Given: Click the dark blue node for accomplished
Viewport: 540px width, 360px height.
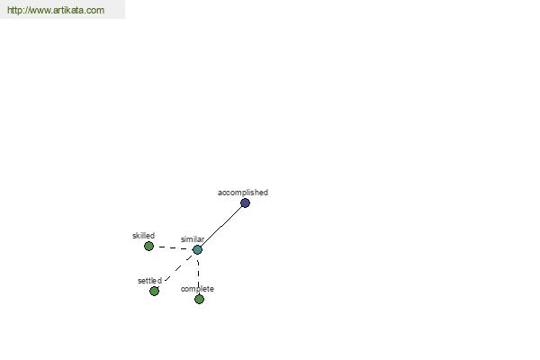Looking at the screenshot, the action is (245, 202).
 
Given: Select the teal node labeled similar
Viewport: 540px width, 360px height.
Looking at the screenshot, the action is (197, 250).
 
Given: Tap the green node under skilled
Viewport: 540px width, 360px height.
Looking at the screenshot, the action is (148, 246).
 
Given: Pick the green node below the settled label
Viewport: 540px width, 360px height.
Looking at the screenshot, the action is (154, 291).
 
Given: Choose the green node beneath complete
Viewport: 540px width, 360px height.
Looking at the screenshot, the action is (199, 299).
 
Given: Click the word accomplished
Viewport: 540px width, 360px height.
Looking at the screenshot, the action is (243, 193).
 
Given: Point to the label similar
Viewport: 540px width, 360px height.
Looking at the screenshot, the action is (193, 239).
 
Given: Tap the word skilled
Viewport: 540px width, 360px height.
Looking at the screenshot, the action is (144, 236).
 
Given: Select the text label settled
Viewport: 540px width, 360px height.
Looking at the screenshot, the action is (149, 281).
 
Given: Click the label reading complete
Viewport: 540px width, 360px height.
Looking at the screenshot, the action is (197, 289).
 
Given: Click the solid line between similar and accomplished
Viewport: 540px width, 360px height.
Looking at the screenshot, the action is (221, 226).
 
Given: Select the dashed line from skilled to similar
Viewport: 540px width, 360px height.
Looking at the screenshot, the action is (173, 247).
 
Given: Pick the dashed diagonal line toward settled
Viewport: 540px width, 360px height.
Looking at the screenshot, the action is (178, 268).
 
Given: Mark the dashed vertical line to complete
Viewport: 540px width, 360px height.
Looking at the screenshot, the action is (198, 274).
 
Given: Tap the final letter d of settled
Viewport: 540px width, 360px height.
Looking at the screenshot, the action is (159, 281).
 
